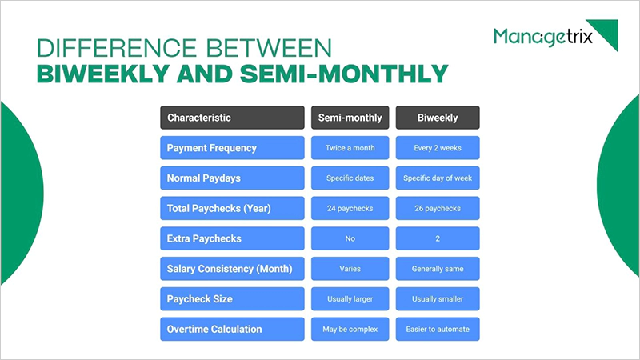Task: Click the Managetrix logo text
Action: point(542,37)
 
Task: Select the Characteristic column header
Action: point(232,118)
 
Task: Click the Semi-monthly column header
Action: point(350,118)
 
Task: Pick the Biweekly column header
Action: point(438,118)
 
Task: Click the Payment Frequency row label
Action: point(232,148)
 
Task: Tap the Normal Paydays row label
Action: point(232,178)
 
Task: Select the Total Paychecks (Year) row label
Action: point(232,208)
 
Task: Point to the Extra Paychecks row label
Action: point(232,238)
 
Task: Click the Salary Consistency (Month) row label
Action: point(232,269)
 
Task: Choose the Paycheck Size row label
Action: point(232,298)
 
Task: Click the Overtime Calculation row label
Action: point(232,329)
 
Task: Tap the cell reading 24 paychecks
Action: point(350,208)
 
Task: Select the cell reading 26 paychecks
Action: point(438,208)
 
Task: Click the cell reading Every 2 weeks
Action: point(438,148)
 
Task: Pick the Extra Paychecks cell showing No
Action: point(350,238)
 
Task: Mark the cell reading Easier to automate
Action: point(438,329)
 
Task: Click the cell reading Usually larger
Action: point(350,298)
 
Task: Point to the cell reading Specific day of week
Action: point(438,178)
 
